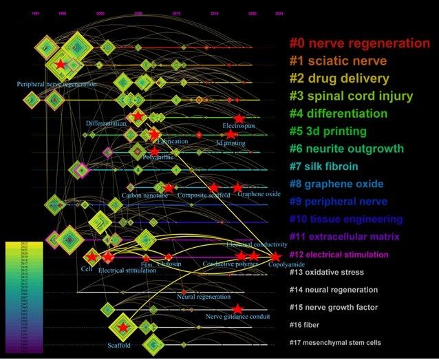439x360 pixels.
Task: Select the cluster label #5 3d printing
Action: pyautogui.click(x=328, y=131)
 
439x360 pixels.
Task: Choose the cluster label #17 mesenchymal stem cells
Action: pyautogui.click(x=335, y=342)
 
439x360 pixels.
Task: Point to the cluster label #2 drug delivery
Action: pyautogui.click(x=339, y=78)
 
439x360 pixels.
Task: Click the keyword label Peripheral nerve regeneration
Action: pyautogui.click(x=57, y=85)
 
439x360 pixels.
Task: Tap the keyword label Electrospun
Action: pyautogui.click(x=240, y=127)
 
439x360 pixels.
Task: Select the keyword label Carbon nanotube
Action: pyautogui.click(x=145, y=195)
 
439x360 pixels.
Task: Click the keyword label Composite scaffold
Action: pyautogui.click(x=204, y=195)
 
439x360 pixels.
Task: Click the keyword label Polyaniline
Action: pyautogui.click(x=158, y=157)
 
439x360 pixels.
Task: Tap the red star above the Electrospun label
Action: pyautogui.click(x=238, y=118)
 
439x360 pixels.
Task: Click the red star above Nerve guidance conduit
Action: pyautogui.click(x=238, y=309)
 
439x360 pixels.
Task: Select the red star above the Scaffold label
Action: pyautogui.click(x=122, y=327)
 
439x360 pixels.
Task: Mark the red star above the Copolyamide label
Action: pyautogui.click(x=275, y=256)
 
